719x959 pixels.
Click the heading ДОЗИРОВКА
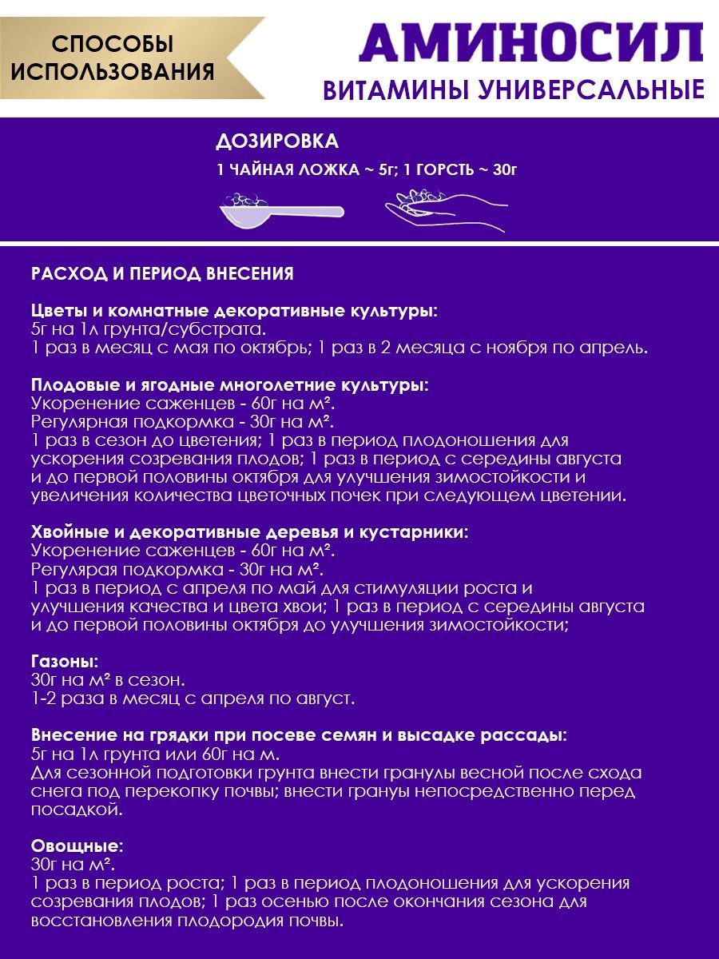[277, 141]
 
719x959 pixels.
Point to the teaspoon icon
[280, 209]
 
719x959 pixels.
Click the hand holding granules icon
[446, 210]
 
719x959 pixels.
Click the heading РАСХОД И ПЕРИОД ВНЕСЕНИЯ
[162, 274]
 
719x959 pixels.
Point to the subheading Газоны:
[65, 662]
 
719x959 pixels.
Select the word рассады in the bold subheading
[527, 735]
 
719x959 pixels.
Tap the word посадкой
[77, 810]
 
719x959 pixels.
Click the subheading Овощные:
[77, 846]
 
